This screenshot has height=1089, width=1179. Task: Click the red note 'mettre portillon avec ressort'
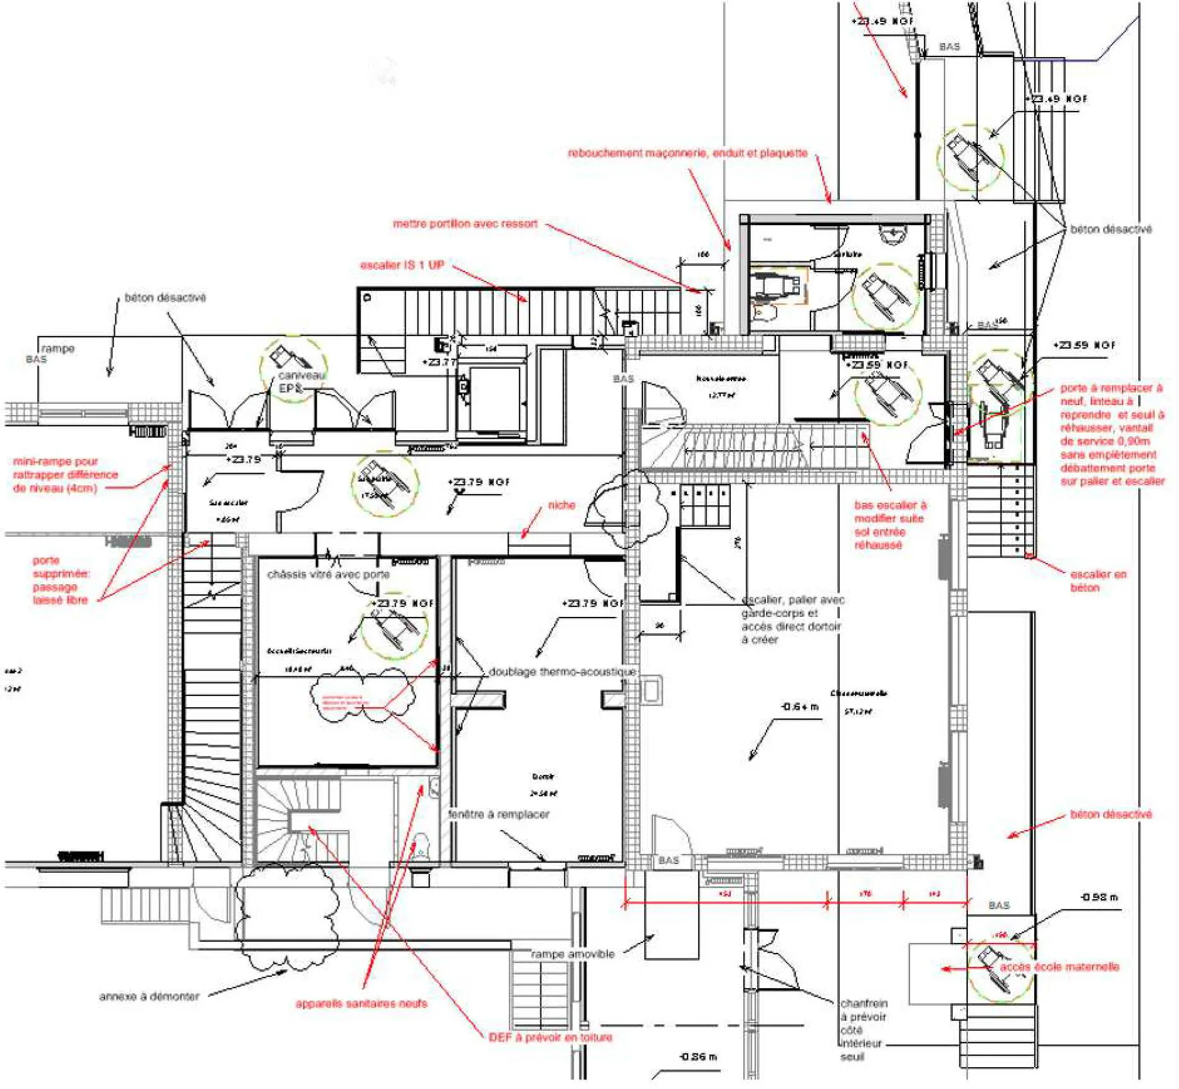click(x=465, y=224)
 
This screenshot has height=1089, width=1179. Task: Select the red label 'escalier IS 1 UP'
click(x=402, y=265)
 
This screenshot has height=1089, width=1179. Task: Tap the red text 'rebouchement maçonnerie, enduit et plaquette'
click(x=687, y=153)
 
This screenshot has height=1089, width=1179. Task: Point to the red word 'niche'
click(x=561, y=505)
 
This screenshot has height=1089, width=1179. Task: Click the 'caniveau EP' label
click(x=301, y=382)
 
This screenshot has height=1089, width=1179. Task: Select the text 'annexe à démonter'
click(x=149, y=996)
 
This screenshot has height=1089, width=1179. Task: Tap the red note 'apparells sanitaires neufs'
click(x=361, y=1004)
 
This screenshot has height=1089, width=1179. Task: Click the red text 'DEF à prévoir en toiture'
click(x=550, y=1038)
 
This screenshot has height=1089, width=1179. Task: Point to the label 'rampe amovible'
click(x=572, y=954)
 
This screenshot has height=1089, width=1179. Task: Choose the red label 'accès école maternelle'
click(x=1059, y=967)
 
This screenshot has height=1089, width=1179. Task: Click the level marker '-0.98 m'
click(x=1099, y=897)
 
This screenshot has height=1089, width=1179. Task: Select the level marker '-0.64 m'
click(x=799, y=707)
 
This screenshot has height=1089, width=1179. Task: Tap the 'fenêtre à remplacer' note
click(x=498, y=814)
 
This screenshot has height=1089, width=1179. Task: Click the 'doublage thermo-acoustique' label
click(x=562, y=671)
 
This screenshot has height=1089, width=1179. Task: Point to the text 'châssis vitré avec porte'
click(x=328, y=574)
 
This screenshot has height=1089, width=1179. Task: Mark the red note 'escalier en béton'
click(x=1098, y=581)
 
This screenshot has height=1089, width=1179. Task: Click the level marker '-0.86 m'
click(x=698, y=1056)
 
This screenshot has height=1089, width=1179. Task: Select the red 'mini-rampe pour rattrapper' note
click(x=65, y=475)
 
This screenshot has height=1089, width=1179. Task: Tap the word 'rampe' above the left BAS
click(x=58, y=349)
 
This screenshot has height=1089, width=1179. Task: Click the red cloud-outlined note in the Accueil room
click(x=343, y=701)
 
